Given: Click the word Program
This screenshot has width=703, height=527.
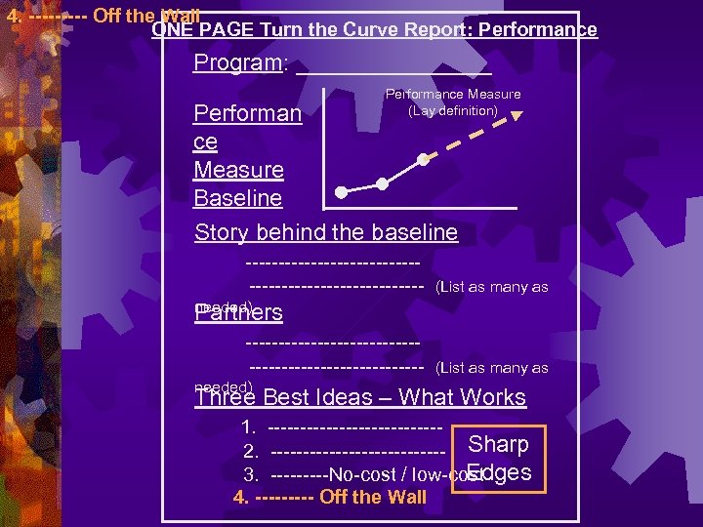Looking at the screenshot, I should pos(237,63).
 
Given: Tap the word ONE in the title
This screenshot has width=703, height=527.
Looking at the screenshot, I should pos(172,30).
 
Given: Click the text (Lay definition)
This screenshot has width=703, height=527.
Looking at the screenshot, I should pos(453,110).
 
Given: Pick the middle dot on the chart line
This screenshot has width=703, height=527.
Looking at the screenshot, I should pos(382,182).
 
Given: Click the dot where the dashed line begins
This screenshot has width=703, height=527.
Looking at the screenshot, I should pos(423,158).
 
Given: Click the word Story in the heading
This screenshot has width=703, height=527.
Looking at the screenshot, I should pos(221,232).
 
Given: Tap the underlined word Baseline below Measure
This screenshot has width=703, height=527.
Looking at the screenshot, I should pos(238,198).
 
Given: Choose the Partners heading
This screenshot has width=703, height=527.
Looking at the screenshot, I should pos(240,312).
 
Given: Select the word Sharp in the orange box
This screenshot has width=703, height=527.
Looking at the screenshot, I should pos(498,445).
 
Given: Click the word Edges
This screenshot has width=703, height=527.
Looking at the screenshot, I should pos(500,472).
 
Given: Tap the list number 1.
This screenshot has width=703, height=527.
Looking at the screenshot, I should pos(249,426).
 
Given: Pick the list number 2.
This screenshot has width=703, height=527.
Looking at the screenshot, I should pos(250,451).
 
